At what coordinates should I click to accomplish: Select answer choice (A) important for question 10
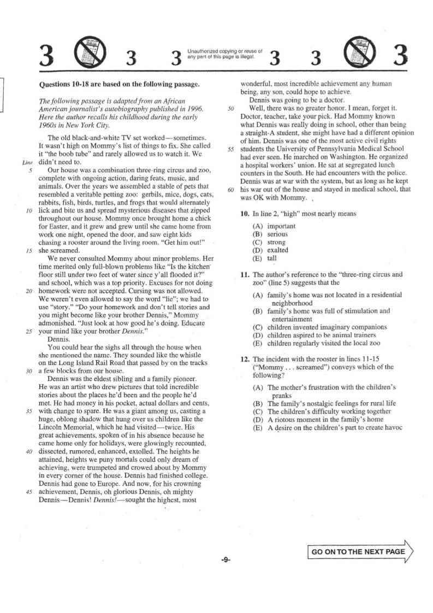point(275,226)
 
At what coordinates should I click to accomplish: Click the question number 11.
point(245,274)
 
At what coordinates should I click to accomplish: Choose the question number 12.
point(245,359)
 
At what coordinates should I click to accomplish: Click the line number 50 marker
point(232,108)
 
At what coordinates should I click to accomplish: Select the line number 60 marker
point(232,190)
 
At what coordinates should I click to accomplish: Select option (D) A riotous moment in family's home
point(317,420)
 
